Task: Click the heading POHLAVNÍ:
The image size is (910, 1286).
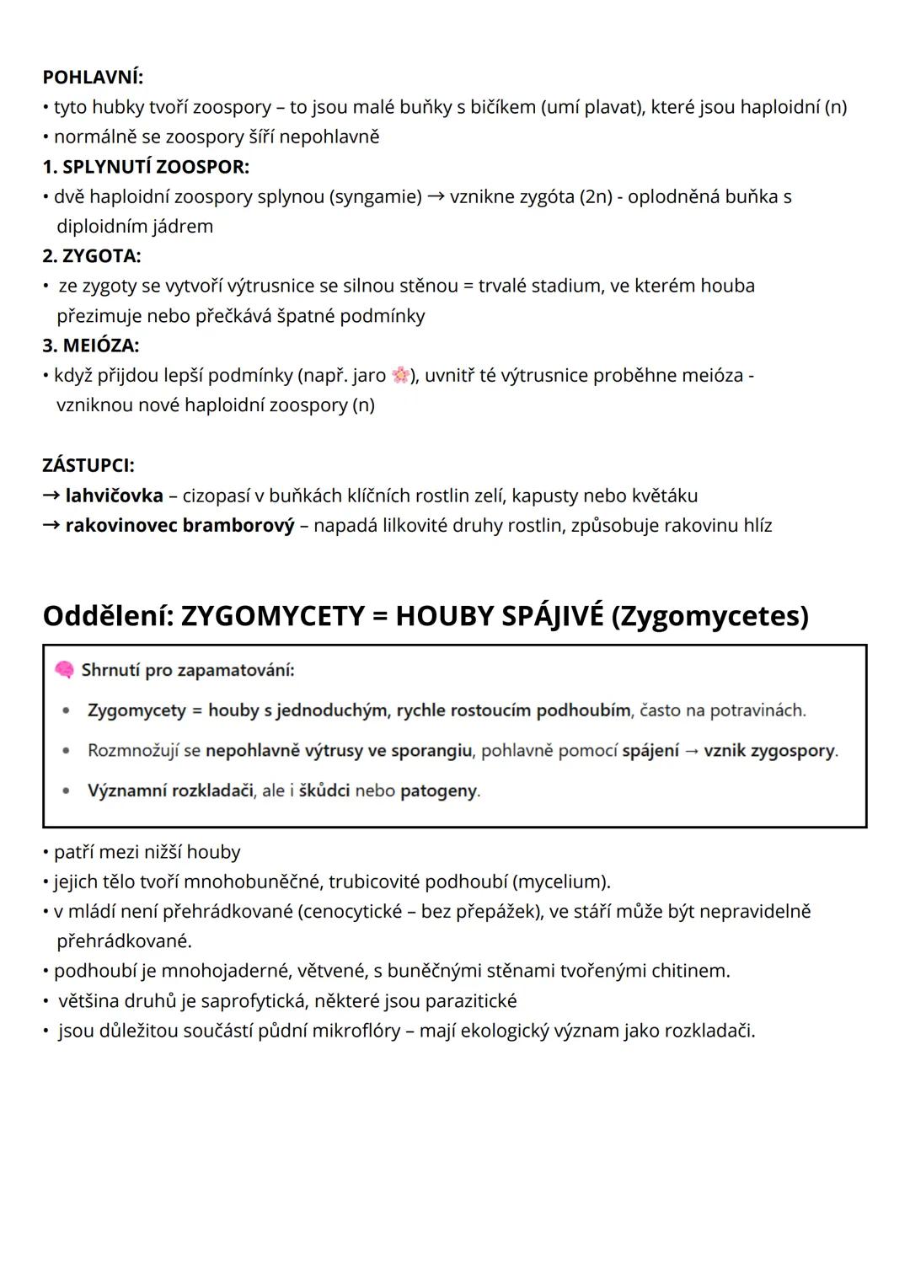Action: (93, 78)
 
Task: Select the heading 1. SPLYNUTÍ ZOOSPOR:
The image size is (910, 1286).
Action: (146, 167)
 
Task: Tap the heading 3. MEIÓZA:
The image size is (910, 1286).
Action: (91, 346)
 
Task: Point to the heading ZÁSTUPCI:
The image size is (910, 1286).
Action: (88, 465)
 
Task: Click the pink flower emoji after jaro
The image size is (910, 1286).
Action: (400, 375)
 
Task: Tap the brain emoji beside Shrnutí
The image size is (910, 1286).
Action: (64, 670)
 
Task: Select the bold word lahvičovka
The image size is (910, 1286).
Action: (114, 496)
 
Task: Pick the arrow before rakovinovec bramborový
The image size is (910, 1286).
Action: (51, 526)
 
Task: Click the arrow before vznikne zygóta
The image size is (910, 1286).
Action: (436, 197)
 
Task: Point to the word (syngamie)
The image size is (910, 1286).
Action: (375, 197)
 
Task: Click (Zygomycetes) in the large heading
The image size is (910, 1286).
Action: (709, 616)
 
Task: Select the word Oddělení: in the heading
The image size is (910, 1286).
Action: (108, 616)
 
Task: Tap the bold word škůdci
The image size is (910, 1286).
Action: (324, 791)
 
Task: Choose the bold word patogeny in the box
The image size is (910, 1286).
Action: (438, 791)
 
